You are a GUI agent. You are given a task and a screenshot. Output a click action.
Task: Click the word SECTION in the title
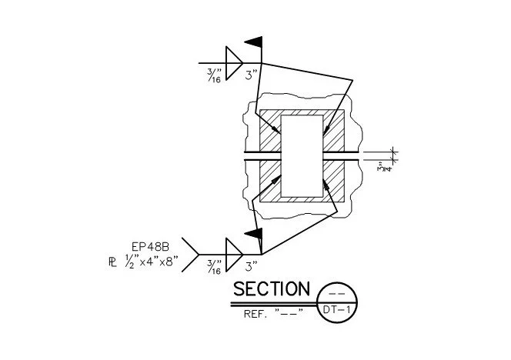272,288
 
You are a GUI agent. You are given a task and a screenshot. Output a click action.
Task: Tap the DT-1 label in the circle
336,309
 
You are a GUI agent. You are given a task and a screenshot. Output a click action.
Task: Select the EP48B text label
150,247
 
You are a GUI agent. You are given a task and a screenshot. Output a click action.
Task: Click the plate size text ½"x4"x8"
152,262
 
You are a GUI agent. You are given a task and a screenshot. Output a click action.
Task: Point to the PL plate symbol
112,262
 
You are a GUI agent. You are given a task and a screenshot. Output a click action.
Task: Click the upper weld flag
254,42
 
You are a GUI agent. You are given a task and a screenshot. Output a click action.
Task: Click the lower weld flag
254,233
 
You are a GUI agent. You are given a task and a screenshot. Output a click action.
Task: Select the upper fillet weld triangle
234,63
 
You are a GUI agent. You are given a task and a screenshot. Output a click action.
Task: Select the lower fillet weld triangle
234,255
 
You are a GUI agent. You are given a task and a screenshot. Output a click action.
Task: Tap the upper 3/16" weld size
215,75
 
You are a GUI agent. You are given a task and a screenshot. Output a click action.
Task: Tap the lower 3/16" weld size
215,267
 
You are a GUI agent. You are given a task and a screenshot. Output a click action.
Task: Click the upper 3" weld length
251,75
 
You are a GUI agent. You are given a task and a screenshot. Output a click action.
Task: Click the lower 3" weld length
251,267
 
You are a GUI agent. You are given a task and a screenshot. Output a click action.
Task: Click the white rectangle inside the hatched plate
302,156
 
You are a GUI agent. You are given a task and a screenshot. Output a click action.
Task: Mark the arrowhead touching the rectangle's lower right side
326,184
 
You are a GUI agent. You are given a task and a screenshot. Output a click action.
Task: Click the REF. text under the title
255,314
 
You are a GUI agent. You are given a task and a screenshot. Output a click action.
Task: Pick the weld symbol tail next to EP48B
190,255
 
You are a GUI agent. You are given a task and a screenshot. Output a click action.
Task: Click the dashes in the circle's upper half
337,294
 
